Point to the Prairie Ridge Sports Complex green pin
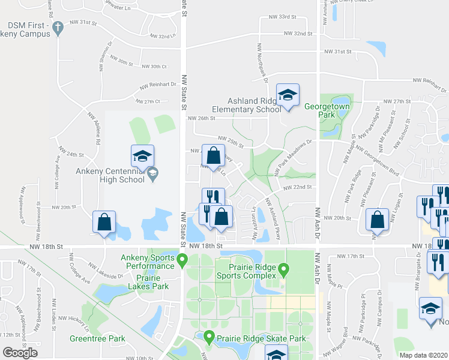[x=285, y=269]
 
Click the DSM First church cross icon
[x=58, y=28]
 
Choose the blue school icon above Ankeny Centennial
[x=142, y=156]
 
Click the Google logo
[x=20, y=352]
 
